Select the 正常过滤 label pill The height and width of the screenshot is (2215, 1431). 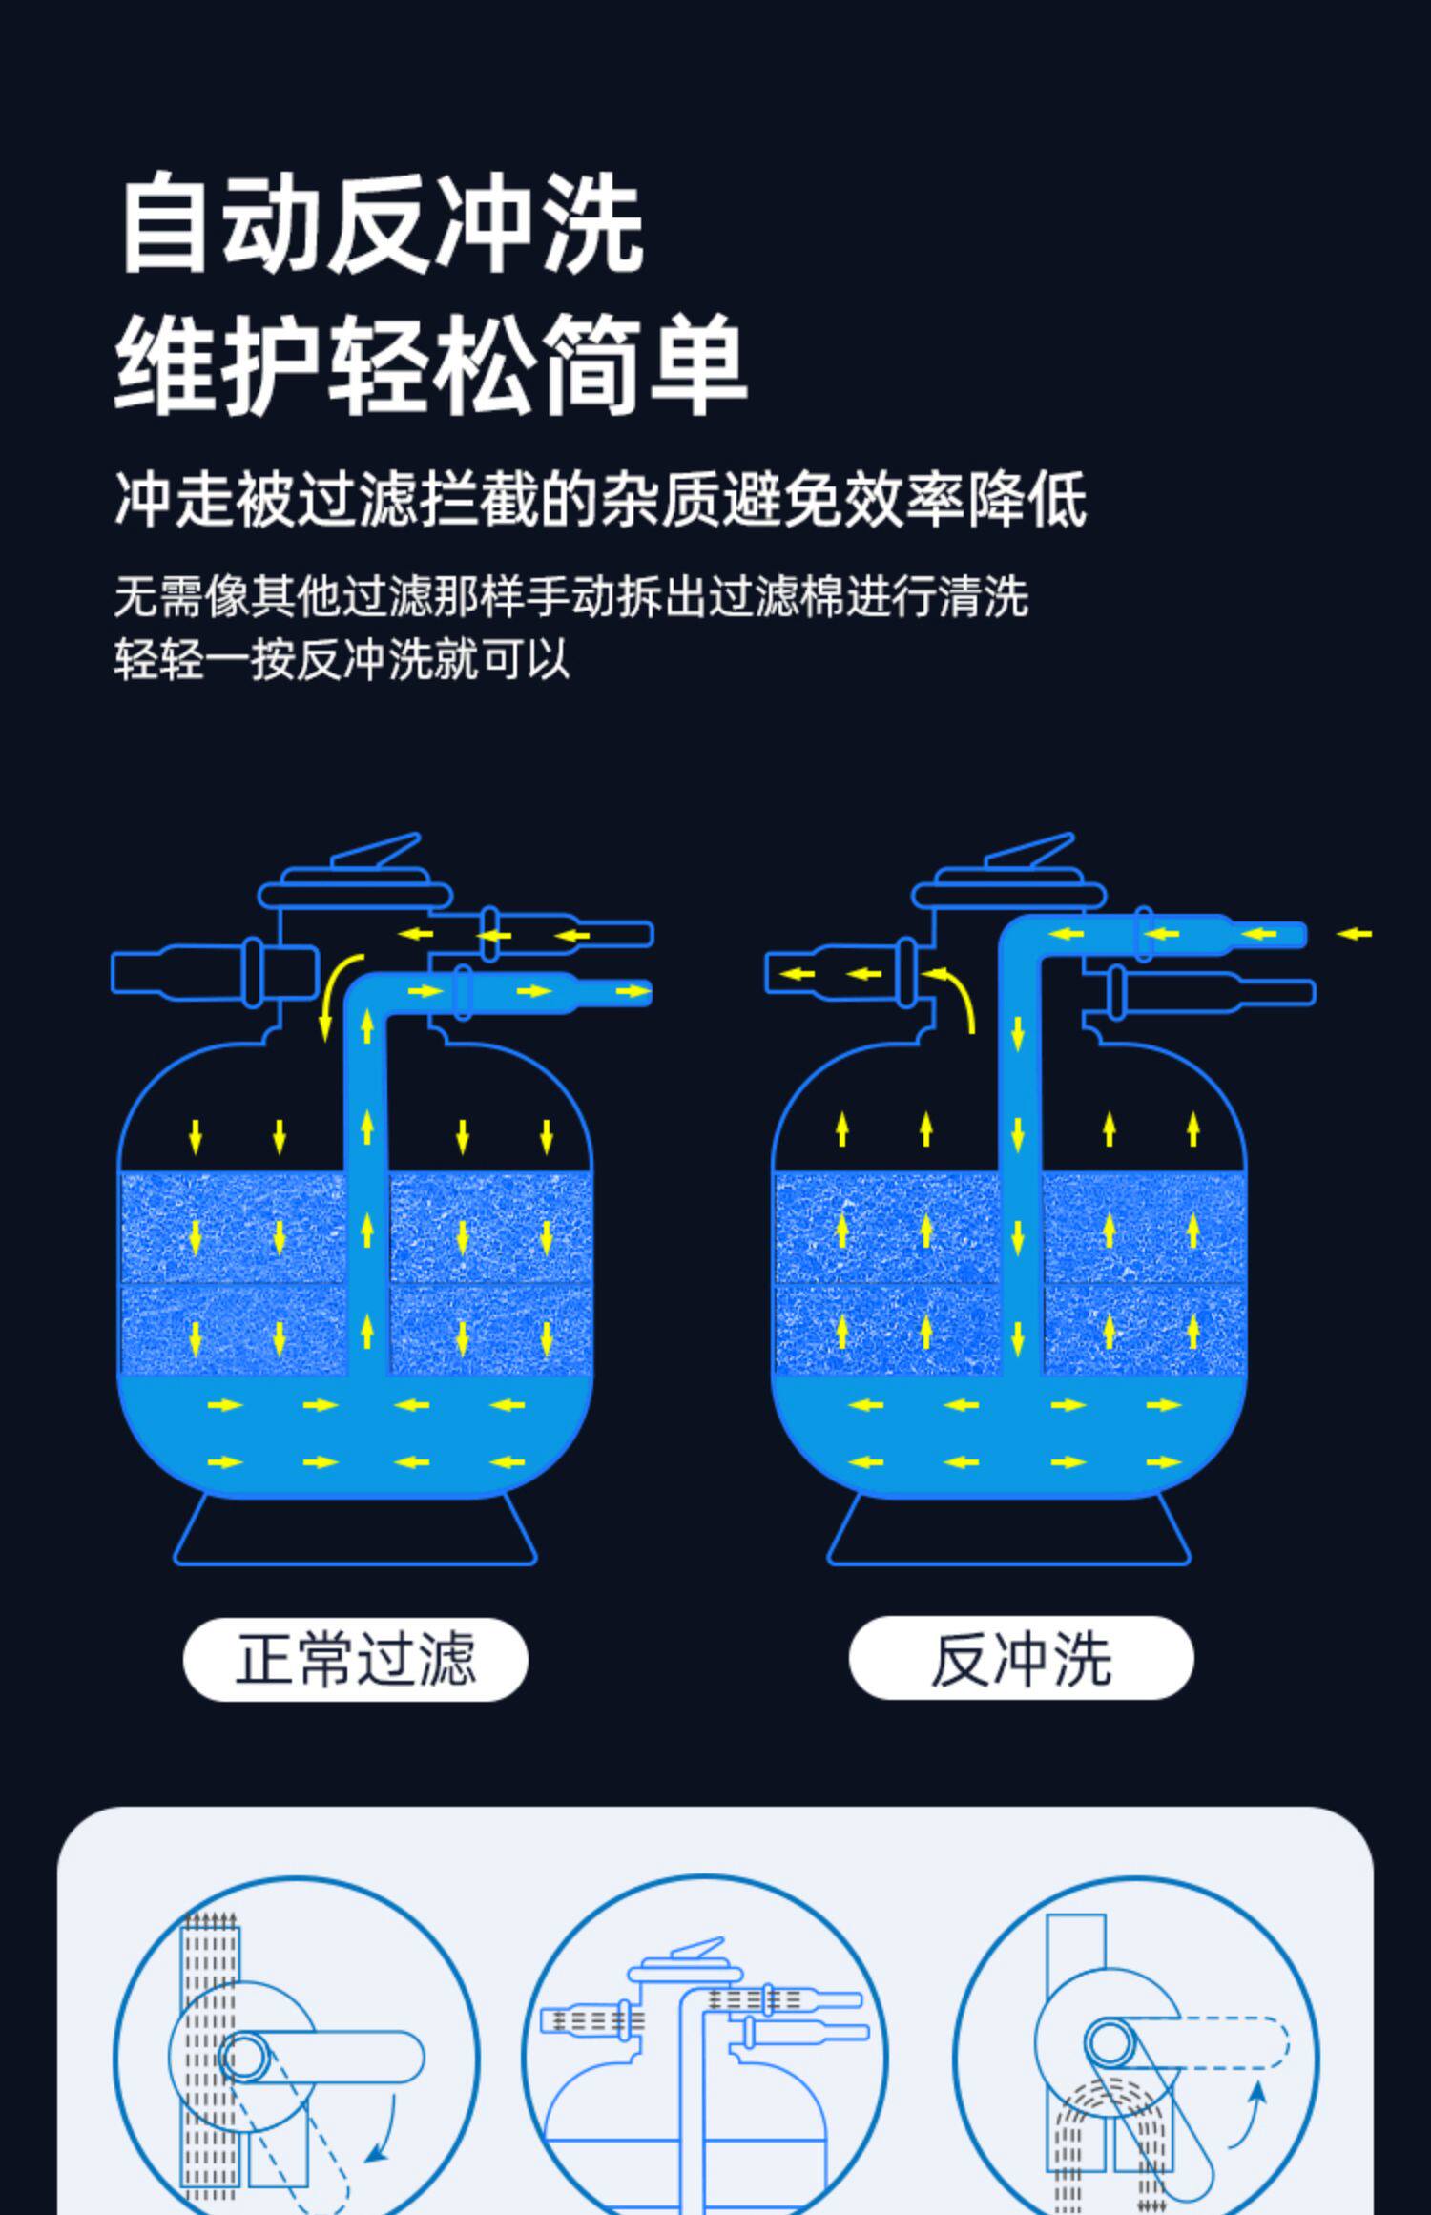coord(355,1659)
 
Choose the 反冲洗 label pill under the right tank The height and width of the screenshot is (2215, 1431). coord(1021,1659)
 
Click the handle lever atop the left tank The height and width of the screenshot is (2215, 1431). coord(377,852)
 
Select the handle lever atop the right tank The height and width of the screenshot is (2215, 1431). coord(1030,852)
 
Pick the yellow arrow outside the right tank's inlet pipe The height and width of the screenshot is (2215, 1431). coord(1354,934)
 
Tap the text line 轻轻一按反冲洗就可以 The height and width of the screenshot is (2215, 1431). coord(342,659)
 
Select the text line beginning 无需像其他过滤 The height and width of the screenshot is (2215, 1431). coord(570,597)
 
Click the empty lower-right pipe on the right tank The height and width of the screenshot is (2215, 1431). coord(1216,992)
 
